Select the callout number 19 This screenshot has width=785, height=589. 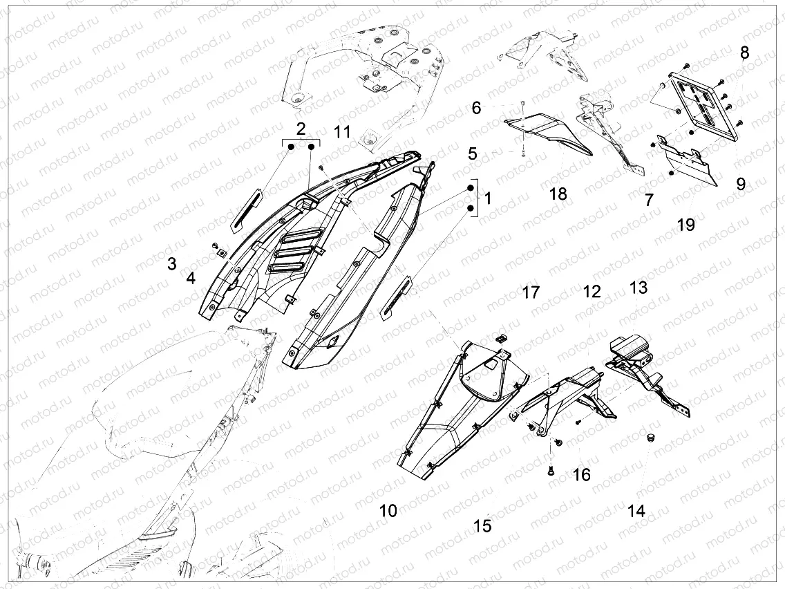[686, 225]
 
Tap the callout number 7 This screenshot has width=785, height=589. [649, 200]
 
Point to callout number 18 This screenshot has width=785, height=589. [558, 194]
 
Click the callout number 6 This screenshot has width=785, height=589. [476, 108]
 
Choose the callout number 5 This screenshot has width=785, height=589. [473, 153]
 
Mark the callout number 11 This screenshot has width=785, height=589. [343, 132]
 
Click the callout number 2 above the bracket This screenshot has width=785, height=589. [301, 129]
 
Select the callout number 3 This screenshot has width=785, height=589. [171, 263]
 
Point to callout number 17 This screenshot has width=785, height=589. [531, 292]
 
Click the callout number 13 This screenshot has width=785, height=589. [639, 288]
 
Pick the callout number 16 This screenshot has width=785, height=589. [581, 474]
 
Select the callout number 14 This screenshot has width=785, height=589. [636, 511]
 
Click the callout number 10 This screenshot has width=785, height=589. [388, 511]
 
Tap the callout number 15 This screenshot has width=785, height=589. [482, 525]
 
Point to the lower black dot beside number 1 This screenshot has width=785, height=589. [471, 208]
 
